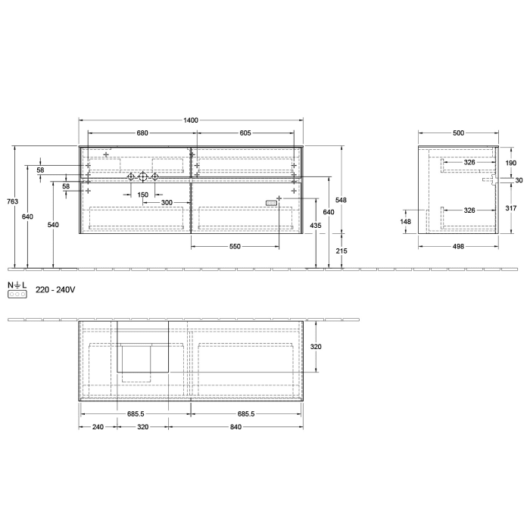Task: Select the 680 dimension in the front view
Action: point(142,133)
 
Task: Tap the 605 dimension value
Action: point(245,133)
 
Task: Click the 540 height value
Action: point(52,225)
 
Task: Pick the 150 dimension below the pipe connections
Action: point(142,195)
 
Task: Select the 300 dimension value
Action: point(167,203)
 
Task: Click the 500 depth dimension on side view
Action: point(458,133)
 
